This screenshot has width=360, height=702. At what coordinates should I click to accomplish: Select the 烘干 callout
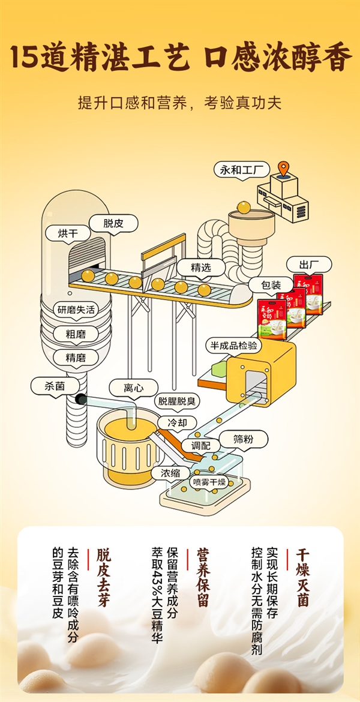[68, 233]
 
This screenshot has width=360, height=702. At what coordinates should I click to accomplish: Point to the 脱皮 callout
[113, 223]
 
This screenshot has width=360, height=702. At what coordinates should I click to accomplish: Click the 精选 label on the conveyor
[200, 267]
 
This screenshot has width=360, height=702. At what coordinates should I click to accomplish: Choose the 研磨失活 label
[76, 310]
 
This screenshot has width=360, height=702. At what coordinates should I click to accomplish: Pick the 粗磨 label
[76, 334]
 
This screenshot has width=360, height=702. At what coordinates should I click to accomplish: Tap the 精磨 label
[76, 358]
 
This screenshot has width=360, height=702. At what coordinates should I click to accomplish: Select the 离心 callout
[133, 388]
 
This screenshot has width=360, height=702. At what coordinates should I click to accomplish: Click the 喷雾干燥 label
[209, 482]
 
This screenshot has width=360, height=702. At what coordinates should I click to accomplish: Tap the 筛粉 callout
[243, 439]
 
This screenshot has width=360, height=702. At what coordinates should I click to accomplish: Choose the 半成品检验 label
[233, 346]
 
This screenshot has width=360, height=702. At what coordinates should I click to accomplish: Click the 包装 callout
[271, 286]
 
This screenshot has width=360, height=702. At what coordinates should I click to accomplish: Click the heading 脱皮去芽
[104, 576]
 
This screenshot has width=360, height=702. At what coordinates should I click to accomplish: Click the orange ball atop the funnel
[244, 207]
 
